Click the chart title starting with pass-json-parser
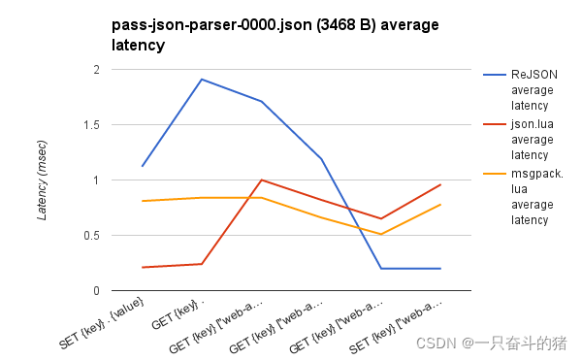point(275,35)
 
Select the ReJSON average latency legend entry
point(520,90)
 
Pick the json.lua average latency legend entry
point(519,139)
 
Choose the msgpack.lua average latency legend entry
point(523,197)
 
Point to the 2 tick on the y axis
point(97,70)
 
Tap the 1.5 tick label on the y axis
point(92,125)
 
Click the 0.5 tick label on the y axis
point(92,235)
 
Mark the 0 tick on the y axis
point(96,290)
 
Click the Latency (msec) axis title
point(42,180)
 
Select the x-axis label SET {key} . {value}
point(101,323)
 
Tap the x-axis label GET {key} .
point(178,314)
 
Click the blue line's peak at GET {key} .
point(201,79)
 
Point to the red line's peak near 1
point(261,180)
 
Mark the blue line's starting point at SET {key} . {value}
point(143,166)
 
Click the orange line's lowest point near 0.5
point(381,234)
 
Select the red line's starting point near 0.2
point(143,267)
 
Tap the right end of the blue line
point(440,269)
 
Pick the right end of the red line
point(440,184)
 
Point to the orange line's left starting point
point(143,201)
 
